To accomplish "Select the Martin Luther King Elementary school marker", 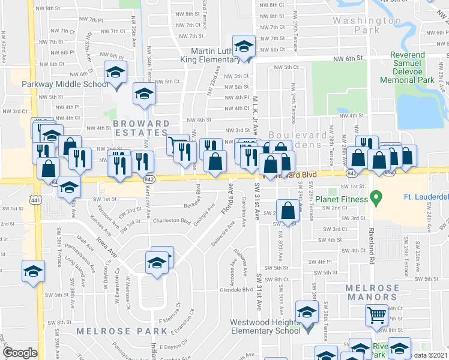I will [x=244, y=47].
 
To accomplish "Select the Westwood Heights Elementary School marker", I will [x=307, y=313].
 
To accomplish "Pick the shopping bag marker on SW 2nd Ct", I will [x=288, y=211].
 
